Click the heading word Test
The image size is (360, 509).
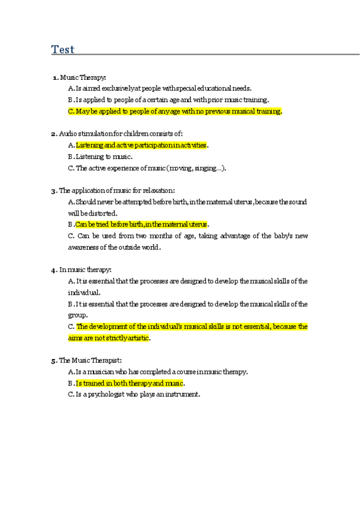(x=63, y=49)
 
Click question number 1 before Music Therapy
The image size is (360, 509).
(x=56, y=77)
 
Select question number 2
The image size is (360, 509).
(x=54, y=134)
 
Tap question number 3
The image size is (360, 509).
(x=54, y=191)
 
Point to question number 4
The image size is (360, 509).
(x=54, y=270)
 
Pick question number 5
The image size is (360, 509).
(x=54, y=360)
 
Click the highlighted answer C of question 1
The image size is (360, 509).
(x=179, y=111)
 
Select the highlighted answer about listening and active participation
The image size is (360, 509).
(x=142, y=145)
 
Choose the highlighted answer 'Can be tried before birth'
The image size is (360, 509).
(x=142, y=224)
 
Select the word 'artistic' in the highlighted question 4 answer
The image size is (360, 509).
(x=136, y=338)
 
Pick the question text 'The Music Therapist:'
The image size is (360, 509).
(x=91, y=360)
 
